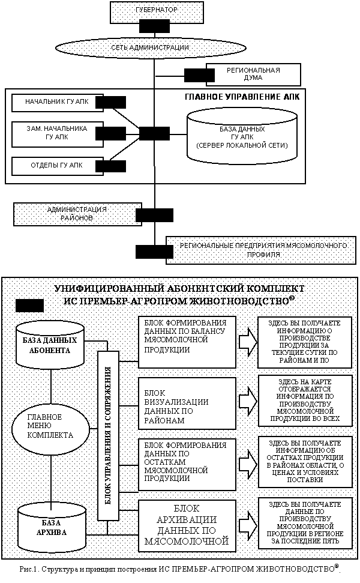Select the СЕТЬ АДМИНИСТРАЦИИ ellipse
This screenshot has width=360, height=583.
[x=151, y=47]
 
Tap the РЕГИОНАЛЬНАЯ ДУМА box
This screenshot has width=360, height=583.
[x=253, y=74]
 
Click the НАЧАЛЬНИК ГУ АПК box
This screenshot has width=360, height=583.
[x=57, y=102]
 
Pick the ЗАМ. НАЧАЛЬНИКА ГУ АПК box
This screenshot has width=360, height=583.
[x=57, y=134]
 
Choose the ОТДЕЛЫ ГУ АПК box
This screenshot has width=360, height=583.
[x=57, y=166]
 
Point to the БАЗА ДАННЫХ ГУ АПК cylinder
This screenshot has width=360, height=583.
[x=242, y=136]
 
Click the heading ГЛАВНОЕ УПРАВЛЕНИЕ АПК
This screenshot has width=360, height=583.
[x=242, y=97]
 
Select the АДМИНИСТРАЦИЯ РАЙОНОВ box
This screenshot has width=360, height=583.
[x=77, y=214]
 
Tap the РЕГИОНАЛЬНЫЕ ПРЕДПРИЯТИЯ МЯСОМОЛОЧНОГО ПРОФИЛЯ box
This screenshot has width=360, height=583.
[x=263, y=250]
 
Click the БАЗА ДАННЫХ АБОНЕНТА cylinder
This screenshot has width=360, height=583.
[x=50, y=343]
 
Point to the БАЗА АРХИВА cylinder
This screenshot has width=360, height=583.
[x=52, y=527]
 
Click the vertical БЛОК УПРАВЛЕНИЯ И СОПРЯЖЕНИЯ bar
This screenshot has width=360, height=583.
[x=108, y=435]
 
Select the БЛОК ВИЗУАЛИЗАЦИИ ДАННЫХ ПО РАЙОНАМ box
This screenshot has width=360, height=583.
[x=187, y=403]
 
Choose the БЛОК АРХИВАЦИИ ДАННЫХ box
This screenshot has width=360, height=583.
[x=187, y=526]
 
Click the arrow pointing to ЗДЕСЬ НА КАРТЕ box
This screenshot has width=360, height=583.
[x=248, y=402]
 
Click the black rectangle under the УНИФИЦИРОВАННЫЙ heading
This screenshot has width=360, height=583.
[x=30, y=306]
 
